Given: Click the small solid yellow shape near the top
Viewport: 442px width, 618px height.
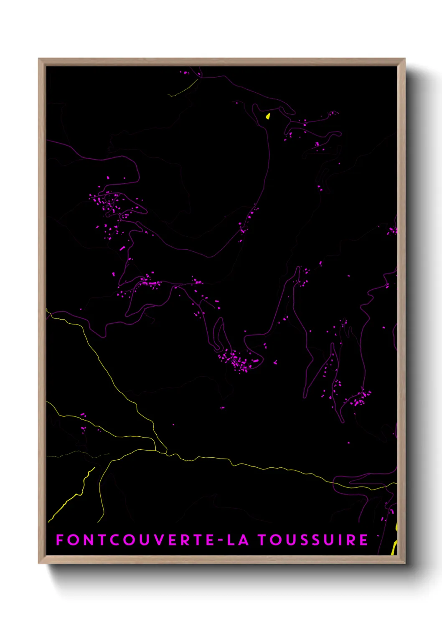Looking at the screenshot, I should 268,116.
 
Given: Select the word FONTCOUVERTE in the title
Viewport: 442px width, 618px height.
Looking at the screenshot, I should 136,540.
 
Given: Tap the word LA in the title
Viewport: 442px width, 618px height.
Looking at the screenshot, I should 238,540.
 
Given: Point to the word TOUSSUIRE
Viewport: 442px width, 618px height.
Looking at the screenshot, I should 312,540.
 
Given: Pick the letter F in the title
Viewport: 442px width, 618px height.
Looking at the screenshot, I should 59,540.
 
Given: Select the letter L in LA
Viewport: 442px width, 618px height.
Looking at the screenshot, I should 231,540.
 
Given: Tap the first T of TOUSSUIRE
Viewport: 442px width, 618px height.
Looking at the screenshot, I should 262,540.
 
